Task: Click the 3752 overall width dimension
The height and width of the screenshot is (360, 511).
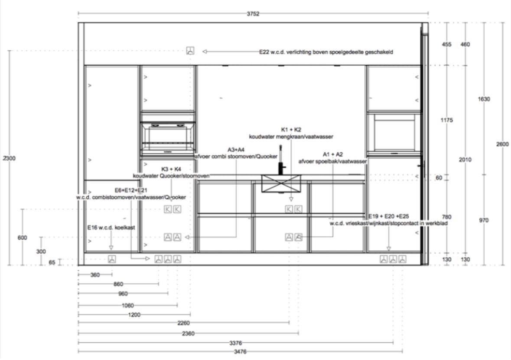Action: [x=253, y=14]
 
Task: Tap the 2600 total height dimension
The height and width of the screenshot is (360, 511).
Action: [x=502, y=144]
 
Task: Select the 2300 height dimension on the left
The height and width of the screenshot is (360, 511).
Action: [x=9, y=158]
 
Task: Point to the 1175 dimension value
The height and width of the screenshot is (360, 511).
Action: [x=446, y=120]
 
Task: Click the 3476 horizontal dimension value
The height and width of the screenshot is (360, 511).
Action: [x=240, y=351]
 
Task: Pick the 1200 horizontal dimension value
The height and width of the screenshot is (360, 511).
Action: [x=134, y=314]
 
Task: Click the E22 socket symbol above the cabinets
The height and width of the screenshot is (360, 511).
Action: [x=190, y=51]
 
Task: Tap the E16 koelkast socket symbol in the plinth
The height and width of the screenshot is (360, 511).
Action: [x=111, y=259]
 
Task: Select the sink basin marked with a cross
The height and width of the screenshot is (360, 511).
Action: [x=281, y=183]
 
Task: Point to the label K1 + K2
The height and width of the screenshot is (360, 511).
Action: [x=291, y=129]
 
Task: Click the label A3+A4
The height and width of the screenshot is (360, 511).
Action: [x=236, y=150]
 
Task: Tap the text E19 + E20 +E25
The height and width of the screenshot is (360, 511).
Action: [x=388, y=216]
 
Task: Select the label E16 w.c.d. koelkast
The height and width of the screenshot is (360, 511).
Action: [x=111, y=227]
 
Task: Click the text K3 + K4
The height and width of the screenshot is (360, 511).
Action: [x=171, y=169]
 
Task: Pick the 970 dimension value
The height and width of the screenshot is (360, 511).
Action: [x=484, y=220]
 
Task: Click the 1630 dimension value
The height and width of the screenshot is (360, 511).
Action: [x=484, y=99]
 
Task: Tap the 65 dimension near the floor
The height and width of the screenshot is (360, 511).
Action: [x=52, y=262]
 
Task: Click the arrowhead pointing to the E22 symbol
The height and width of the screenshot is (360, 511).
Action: [x=205, y=52]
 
